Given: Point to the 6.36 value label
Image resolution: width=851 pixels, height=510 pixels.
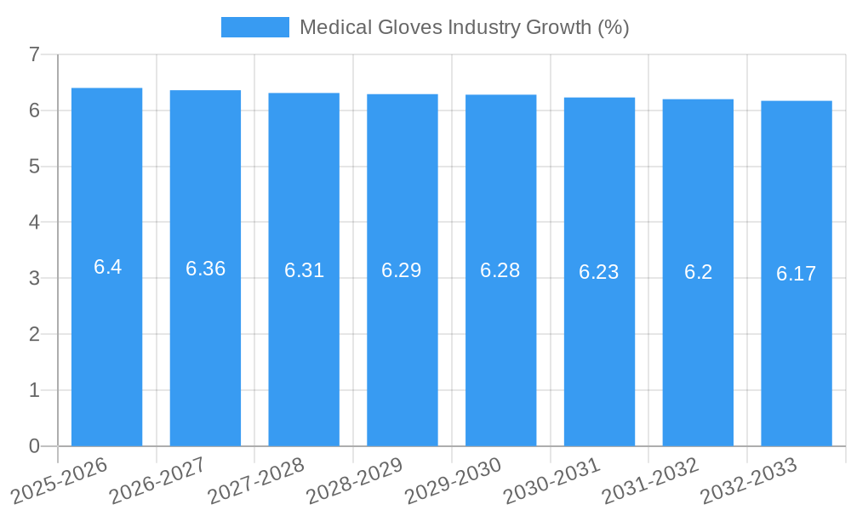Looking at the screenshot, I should [x=205, y=269].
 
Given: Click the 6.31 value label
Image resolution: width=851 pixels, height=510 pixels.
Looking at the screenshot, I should [x=304, y=270].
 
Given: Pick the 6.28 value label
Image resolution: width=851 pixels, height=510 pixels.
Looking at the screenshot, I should [x=500, y=270].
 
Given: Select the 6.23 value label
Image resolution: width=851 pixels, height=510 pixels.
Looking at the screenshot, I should [x=599, y=272].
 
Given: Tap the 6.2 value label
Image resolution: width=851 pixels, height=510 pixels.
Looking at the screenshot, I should [x=698, y=272].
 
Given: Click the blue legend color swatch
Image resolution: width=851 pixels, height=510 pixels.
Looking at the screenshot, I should [x=254, y=27].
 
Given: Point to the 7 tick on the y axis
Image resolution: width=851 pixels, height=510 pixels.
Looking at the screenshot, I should [x=34, y=54].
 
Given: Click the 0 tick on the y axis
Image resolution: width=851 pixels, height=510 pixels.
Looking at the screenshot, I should [x=34, y=446].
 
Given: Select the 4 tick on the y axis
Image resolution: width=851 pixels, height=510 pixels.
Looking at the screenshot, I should [x=34, y=223].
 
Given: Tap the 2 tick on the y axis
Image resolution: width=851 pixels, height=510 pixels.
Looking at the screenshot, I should [x=34, y=334].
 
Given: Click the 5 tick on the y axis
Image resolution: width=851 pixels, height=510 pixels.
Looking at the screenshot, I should [x=34, y=167].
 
